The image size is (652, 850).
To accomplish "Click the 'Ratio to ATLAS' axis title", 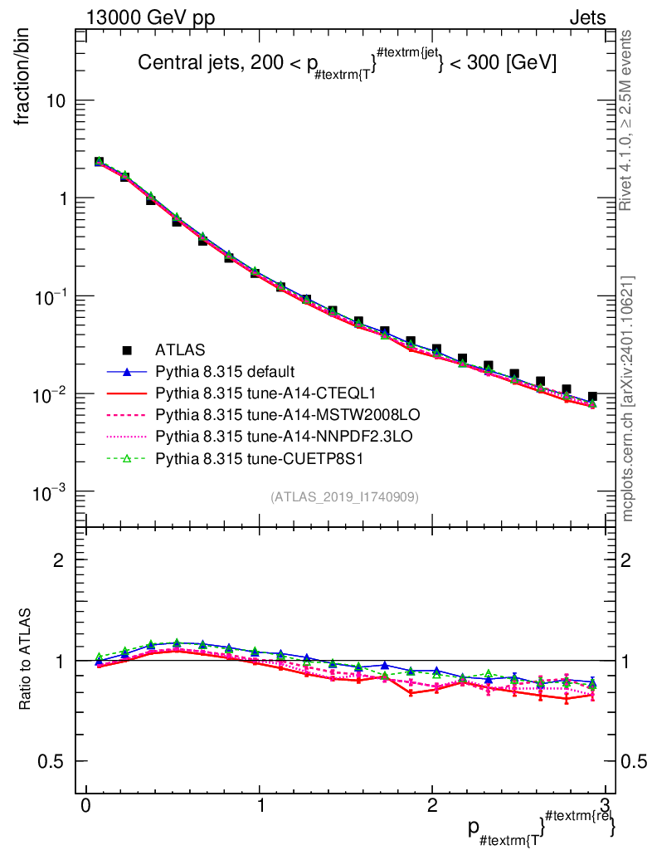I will tap(27, 661).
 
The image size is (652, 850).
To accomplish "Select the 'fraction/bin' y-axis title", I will tap(26, 78).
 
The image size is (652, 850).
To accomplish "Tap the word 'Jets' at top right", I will tap(587, 18).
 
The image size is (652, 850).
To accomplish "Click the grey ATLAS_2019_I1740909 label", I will tap(344, 496).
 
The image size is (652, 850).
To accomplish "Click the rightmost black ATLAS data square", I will tap(591, 398).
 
